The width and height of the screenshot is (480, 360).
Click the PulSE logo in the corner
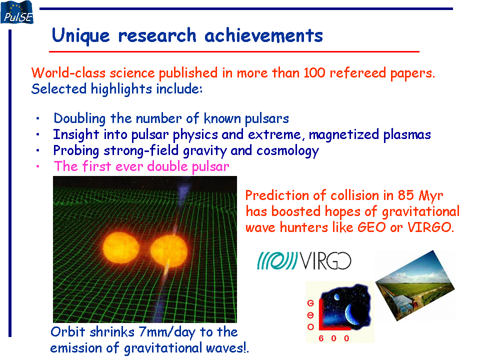[17, 12]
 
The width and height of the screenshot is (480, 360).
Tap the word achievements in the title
[263, 35]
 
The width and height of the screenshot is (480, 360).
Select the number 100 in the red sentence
[314, 73]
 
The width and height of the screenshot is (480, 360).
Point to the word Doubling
[79, 119]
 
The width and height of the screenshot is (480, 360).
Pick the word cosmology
[288, 151]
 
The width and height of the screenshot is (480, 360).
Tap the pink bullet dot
[37, 166]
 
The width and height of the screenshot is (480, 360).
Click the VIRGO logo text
[325, 261]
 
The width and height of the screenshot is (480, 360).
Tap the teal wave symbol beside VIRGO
[277, 260]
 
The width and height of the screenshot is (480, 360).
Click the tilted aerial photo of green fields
[415, 286]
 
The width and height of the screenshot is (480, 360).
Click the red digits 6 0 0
[333, 338]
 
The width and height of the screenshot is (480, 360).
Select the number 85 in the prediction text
[405, 195]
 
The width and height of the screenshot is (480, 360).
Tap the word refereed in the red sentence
[357, 73]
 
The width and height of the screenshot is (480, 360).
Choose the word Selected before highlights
[59, 89]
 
